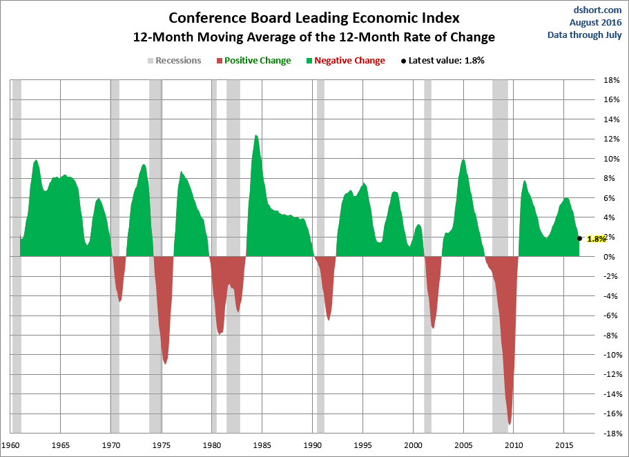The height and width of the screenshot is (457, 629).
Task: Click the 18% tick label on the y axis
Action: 611,80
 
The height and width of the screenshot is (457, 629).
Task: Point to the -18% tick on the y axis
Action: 610,434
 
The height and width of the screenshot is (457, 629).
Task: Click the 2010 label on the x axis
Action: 514,445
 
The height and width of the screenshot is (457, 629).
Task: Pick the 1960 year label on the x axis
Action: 11,445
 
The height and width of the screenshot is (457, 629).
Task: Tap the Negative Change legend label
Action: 349,61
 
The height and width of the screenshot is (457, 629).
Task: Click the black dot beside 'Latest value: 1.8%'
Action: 403,61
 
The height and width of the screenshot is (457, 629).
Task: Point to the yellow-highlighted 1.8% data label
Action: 596,238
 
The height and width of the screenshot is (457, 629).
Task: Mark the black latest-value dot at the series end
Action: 579,238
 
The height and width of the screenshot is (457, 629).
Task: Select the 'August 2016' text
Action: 596,23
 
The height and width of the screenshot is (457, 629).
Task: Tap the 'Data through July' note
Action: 585,35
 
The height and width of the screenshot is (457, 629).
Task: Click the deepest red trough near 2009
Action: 510,424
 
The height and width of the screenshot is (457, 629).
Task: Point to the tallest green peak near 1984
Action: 256,136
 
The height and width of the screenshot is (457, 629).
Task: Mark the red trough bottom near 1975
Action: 165,363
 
